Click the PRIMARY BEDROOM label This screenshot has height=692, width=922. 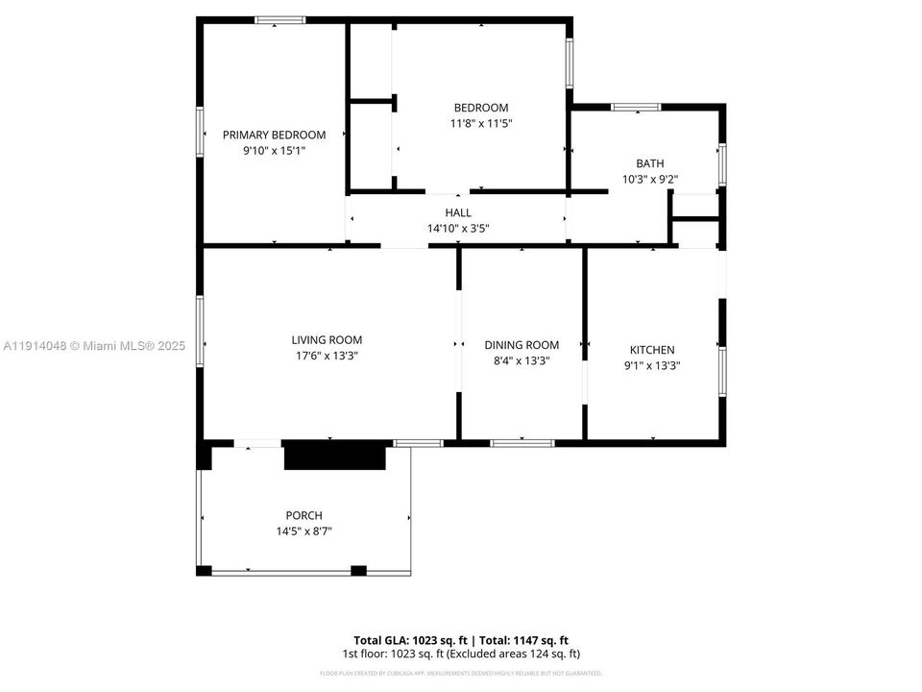pos(274,136)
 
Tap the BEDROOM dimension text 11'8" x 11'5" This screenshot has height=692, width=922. pos(480,123)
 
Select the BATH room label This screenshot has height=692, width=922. pos(649,163)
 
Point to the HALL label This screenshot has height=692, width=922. pos(458,212)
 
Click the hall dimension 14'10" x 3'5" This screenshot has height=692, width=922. pos(458,228)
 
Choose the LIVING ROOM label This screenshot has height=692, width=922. pos(327,339)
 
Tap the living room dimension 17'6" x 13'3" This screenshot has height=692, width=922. pos(327,356)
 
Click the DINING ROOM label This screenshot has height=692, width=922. pos(522,345)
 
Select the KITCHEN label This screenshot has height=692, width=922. pos(651,350)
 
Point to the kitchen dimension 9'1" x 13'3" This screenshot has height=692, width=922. pos(651,365)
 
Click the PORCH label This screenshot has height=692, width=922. pos(303,515)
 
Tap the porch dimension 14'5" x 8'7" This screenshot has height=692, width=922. pos(303,531)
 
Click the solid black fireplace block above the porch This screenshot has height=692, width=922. pos(334,456)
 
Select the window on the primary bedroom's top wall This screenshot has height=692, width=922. pos(279,19)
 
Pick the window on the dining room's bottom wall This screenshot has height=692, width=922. pos(522,443)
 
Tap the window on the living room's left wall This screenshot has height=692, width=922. pos(200,331)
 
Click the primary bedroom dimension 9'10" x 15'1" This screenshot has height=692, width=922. pos(274,151)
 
